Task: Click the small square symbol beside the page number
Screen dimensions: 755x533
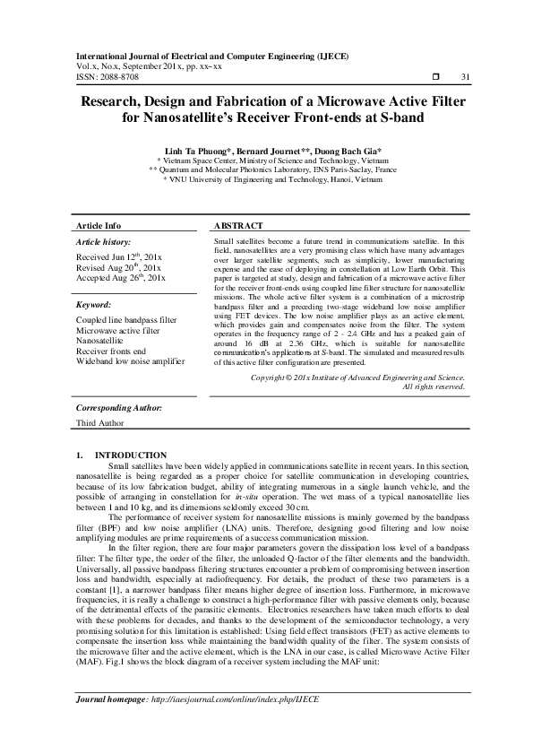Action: click(435, 78)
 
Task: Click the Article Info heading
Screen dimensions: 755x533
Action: click(99, 226)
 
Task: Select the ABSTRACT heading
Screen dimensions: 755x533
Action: click(239, 226)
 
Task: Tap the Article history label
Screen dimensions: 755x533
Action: click(104, 242)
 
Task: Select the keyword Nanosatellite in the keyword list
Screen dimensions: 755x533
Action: click(104, 341)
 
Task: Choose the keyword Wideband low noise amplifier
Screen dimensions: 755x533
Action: click(130, 360)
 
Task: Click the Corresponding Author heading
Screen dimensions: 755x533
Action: click(118, 408)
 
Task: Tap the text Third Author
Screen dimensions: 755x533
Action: click(100, 423)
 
